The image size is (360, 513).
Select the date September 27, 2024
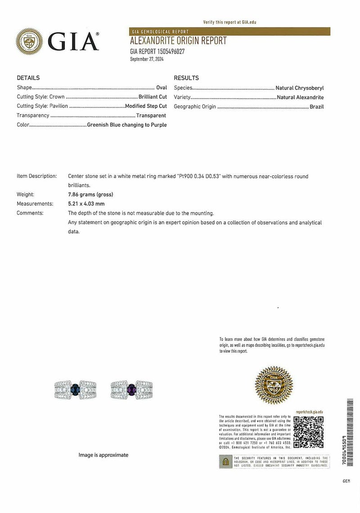147,59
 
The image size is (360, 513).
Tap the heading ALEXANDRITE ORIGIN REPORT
178,41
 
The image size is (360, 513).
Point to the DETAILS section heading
28,78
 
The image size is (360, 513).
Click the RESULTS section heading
186,78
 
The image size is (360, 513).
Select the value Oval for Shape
161,88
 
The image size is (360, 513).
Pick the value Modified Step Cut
146,106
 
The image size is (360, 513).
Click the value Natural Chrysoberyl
300,88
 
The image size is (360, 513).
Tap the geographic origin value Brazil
316,107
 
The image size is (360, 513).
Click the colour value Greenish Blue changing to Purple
127,125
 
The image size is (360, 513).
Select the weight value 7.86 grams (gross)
90,195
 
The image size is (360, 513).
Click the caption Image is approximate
103,455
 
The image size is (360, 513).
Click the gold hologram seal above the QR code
274,386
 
